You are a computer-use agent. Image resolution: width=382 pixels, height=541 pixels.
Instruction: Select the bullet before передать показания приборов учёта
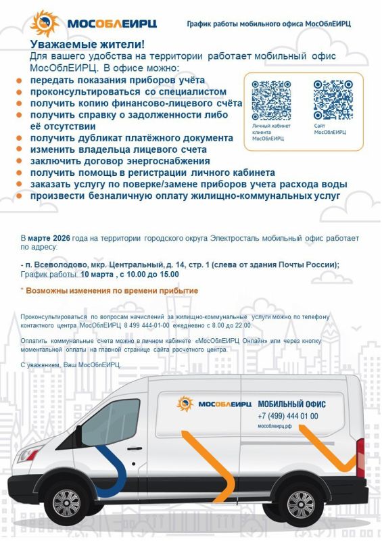19,80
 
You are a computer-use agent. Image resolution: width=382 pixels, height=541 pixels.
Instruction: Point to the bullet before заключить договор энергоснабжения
19,162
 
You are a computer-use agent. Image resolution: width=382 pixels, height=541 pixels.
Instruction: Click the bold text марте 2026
48,239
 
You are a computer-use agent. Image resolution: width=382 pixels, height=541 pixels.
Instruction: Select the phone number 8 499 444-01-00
146,325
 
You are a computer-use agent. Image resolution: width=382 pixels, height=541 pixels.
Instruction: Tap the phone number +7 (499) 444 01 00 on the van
287,416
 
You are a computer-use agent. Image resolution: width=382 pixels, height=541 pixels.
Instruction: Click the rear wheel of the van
300,504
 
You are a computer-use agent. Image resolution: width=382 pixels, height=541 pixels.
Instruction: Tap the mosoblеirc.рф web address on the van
274,427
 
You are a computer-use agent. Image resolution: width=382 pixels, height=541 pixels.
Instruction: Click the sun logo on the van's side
185,404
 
